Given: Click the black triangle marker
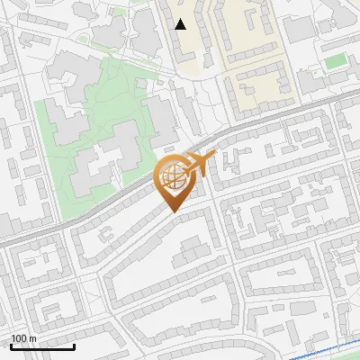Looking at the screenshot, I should [x=181, y=24].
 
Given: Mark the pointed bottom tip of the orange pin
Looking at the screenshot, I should [x=172, y=211].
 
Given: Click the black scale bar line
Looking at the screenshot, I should [x=42, y=346].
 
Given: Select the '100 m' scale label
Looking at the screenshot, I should [x=23, y=338].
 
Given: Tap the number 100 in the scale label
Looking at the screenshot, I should [x=19, y=338].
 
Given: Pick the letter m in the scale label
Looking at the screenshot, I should [x=32, y=338].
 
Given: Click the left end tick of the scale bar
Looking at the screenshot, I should [x=11, y=345].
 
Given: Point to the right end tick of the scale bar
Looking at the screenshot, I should [x=74, y=345].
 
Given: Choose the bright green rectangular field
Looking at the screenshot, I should [x=335, y=61].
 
